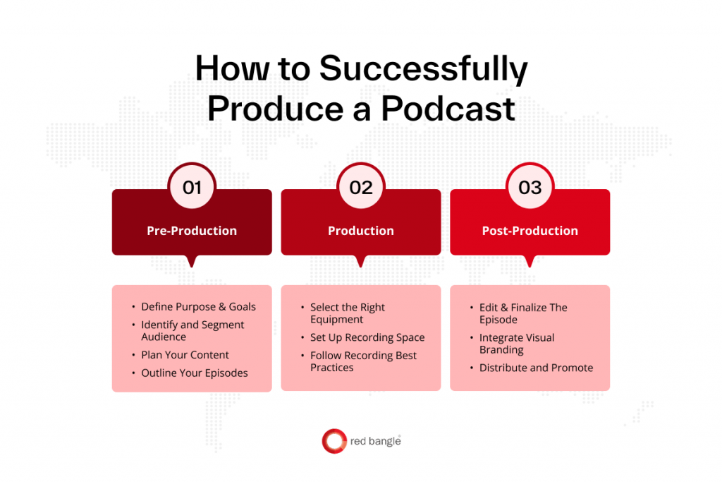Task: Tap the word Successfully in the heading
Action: pyautogui.click(x=422, y=70)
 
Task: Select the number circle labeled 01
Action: pyautogui.click(x=192, y=188)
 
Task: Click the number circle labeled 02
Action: pyautogui.click(x=361, y=188)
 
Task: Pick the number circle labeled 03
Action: pyautogui.click(x=530, y=188)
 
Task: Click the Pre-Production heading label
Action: pyautogui.click(x=192, y=231)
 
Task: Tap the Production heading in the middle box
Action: pyautogui.click(x=361, y=231)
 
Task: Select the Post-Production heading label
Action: pyautogui.click(x=530, y=231)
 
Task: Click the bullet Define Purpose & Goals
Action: pyautogui.click(x=198, y=307)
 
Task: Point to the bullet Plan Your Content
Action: pyautogui.click(x=185, y=355)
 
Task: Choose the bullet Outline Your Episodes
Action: pyautogui.click(x=194, y=373)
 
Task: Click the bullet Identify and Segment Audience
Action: pyautogui.click(x=192, y=331)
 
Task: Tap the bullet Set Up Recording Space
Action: pyautogui.click(x=367, y=337)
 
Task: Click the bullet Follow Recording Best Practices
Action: pyautogui.click(x=363, y=361)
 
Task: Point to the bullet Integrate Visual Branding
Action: pyautogui.click(x=517, y=344)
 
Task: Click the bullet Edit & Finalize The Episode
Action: pyautogui.click(x=523, y=313)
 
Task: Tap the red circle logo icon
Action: pyautogui.click(x=334, y=441)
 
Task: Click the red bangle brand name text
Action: pyautogui.click(x=375, y=442)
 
